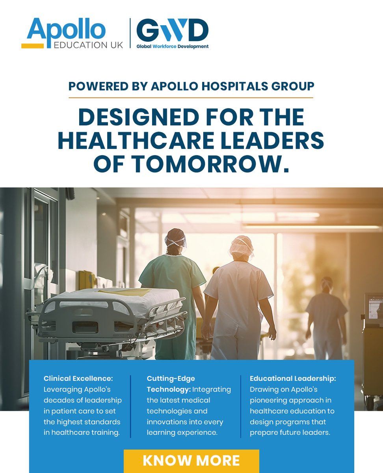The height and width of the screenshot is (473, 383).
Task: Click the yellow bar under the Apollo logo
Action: tap(33, 46)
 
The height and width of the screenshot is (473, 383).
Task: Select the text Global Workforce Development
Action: tap(173, 47)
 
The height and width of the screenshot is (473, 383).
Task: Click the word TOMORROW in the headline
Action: tap(207, 164)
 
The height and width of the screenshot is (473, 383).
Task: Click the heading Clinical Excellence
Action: tap(78, 378)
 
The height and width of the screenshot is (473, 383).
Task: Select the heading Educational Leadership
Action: tap(293, 378)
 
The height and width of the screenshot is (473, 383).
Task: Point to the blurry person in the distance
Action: tap(326, 315)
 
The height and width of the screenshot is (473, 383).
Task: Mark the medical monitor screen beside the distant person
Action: tap(373, 306)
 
